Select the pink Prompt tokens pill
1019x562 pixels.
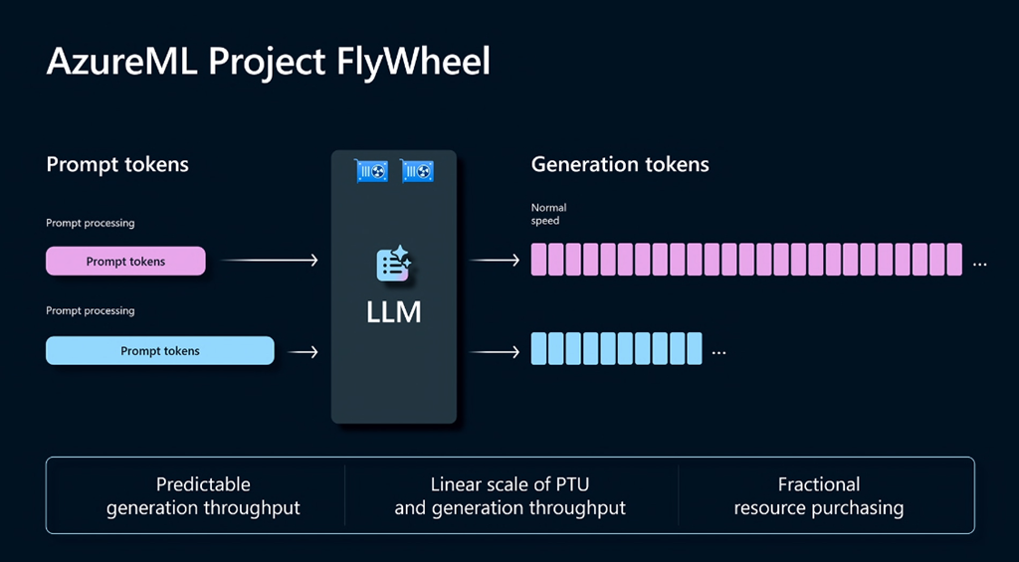click(125, 262)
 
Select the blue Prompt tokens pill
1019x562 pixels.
click(159, 351)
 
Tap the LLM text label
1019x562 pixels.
click(394, 312)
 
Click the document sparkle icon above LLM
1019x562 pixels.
click(394, 264)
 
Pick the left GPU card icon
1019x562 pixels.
click(371, 171)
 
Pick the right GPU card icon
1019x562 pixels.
click(418, 171)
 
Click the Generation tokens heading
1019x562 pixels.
click(620, 164)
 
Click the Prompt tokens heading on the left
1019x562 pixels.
click(117, 164)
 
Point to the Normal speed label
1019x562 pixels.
click(548, 214)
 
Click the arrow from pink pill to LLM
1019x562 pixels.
click(269, 261)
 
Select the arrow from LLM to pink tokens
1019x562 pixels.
click(495, 261)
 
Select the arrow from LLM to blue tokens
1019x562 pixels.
click(495, 351)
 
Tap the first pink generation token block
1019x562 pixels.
click(539, 260)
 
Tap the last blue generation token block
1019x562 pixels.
click(694, 349)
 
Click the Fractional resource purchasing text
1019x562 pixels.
click(819, 496)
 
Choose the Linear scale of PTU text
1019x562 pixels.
click(509, 485)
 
